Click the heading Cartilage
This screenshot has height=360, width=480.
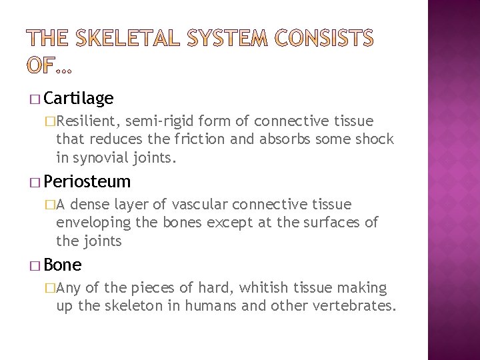79,99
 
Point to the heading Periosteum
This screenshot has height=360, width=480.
87,181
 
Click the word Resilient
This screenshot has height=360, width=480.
87,121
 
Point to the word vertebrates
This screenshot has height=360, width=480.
358,306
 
